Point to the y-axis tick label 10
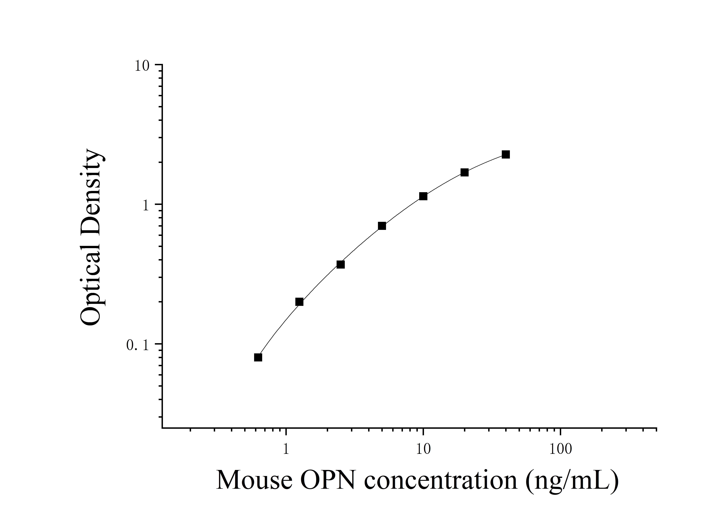click(x=142, y=66)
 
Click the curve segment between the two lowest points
click(x=278, y=328)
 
